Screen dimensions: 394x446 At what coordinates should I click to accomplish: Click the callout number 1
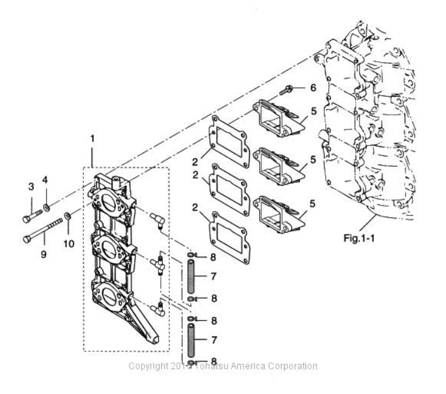pos(93,139)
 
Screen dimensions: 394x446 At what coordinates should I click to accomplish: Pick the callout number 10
pos(68,243)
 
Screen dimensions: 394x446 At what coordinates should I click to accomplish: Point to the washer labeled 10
pos(67,217)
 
